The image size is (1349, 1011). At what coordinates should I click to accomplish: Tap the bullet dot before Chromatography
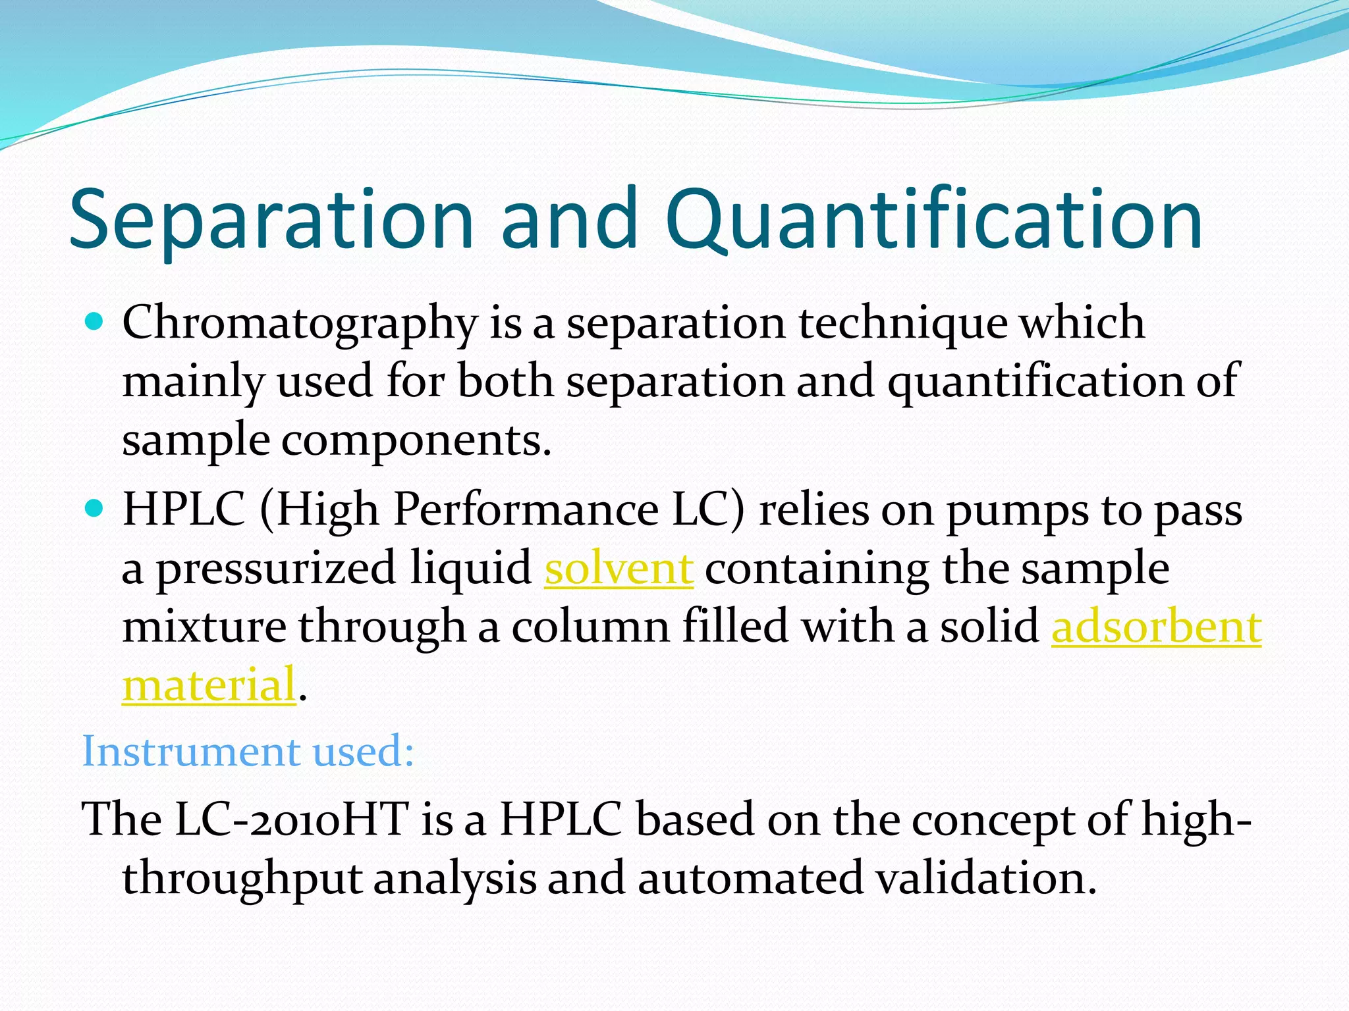95,322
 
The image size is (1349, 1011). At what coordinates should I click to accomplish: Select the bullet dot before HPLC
95,509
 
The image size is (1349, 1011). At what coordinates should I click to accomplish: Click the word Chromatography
300,324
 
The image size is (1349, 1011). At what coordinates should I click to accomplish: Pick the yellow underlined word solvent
619,568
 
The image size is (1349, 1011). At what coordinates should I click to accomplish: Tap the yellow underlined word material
209,685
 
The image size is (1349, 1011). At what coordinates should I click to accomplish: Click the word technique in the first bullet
903,324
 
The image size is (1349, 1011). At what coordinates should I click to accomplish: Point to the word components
416,441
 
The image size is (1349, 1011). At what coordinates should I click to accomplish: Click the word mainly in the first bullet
193,382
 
